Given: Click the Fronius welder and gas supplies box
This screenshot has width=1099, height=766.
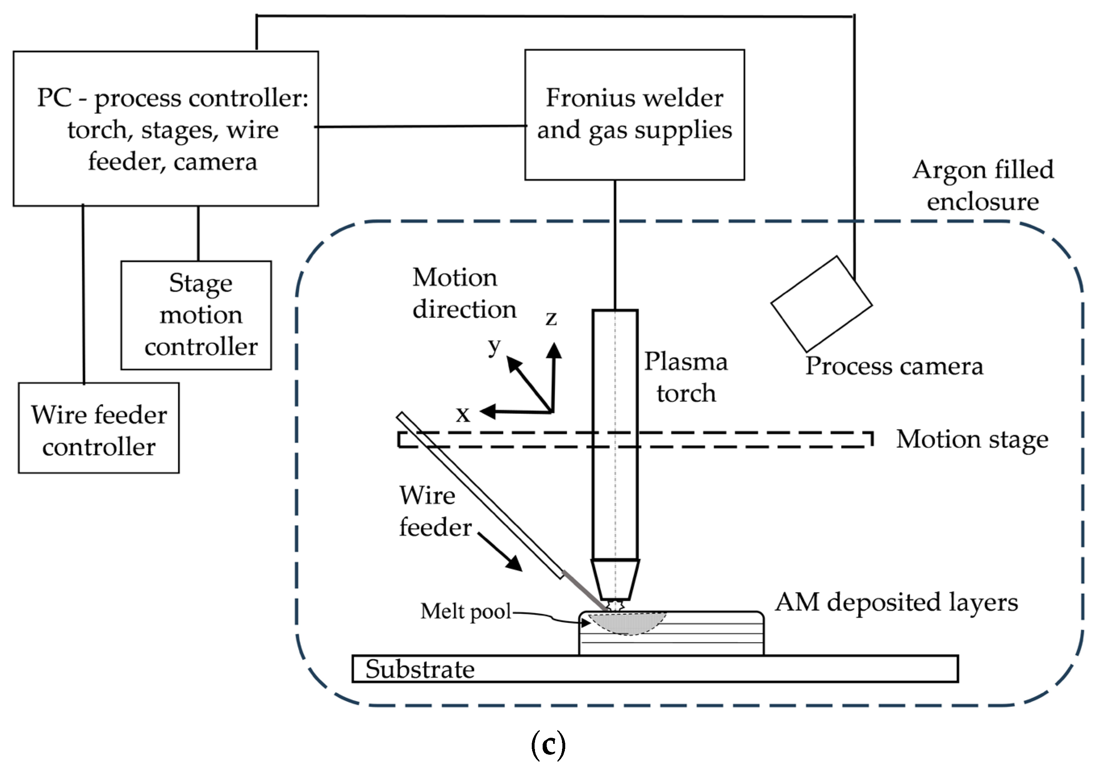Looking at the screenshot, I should click(x=634, y=115).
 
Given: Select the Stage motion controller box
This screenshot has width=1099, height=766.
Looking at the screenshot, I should click(x=196, y=315).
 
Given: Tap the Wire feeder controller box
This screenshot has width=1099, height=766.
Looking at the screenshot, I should click(x=98, y=428).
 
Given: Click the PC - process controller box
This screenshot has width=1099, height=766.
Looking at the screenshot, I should click(x=165, y=129).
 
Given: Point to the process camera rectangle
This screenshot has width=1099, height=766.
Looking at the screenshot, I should click(x=821, y=304).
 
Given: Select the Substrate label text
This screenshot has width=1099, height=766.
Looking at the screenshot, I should click(x=420, y=669).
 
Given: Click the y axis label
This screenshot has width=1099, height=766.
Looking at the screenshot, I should click(x=494, y=345).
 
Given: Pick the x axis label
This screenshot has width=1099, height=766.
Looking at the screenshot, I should click(x=462, y=413).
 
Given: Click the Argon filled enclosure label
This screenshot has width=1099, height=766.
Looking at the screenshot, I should click(x=983, y=186).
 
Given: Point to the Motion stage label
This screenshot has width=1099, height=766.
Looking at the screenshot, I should click(x=972, y=439).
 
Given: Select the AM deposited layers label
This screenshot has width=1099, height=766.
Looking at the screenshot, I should click(x=896, y=602).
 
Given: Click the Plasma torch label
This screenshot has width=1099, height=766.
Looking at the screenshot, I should click(x=685, y=377).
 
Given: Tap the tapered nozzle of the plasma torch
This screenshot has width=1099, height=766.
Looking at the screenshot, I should click(x=615, y=580).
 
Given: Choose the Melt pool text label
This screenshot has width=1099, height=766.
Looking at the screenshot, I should click(x=466, y=611).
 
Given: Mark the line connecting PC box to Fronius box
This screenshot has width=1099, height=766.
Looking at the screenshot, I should click(x=421, y=126).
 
